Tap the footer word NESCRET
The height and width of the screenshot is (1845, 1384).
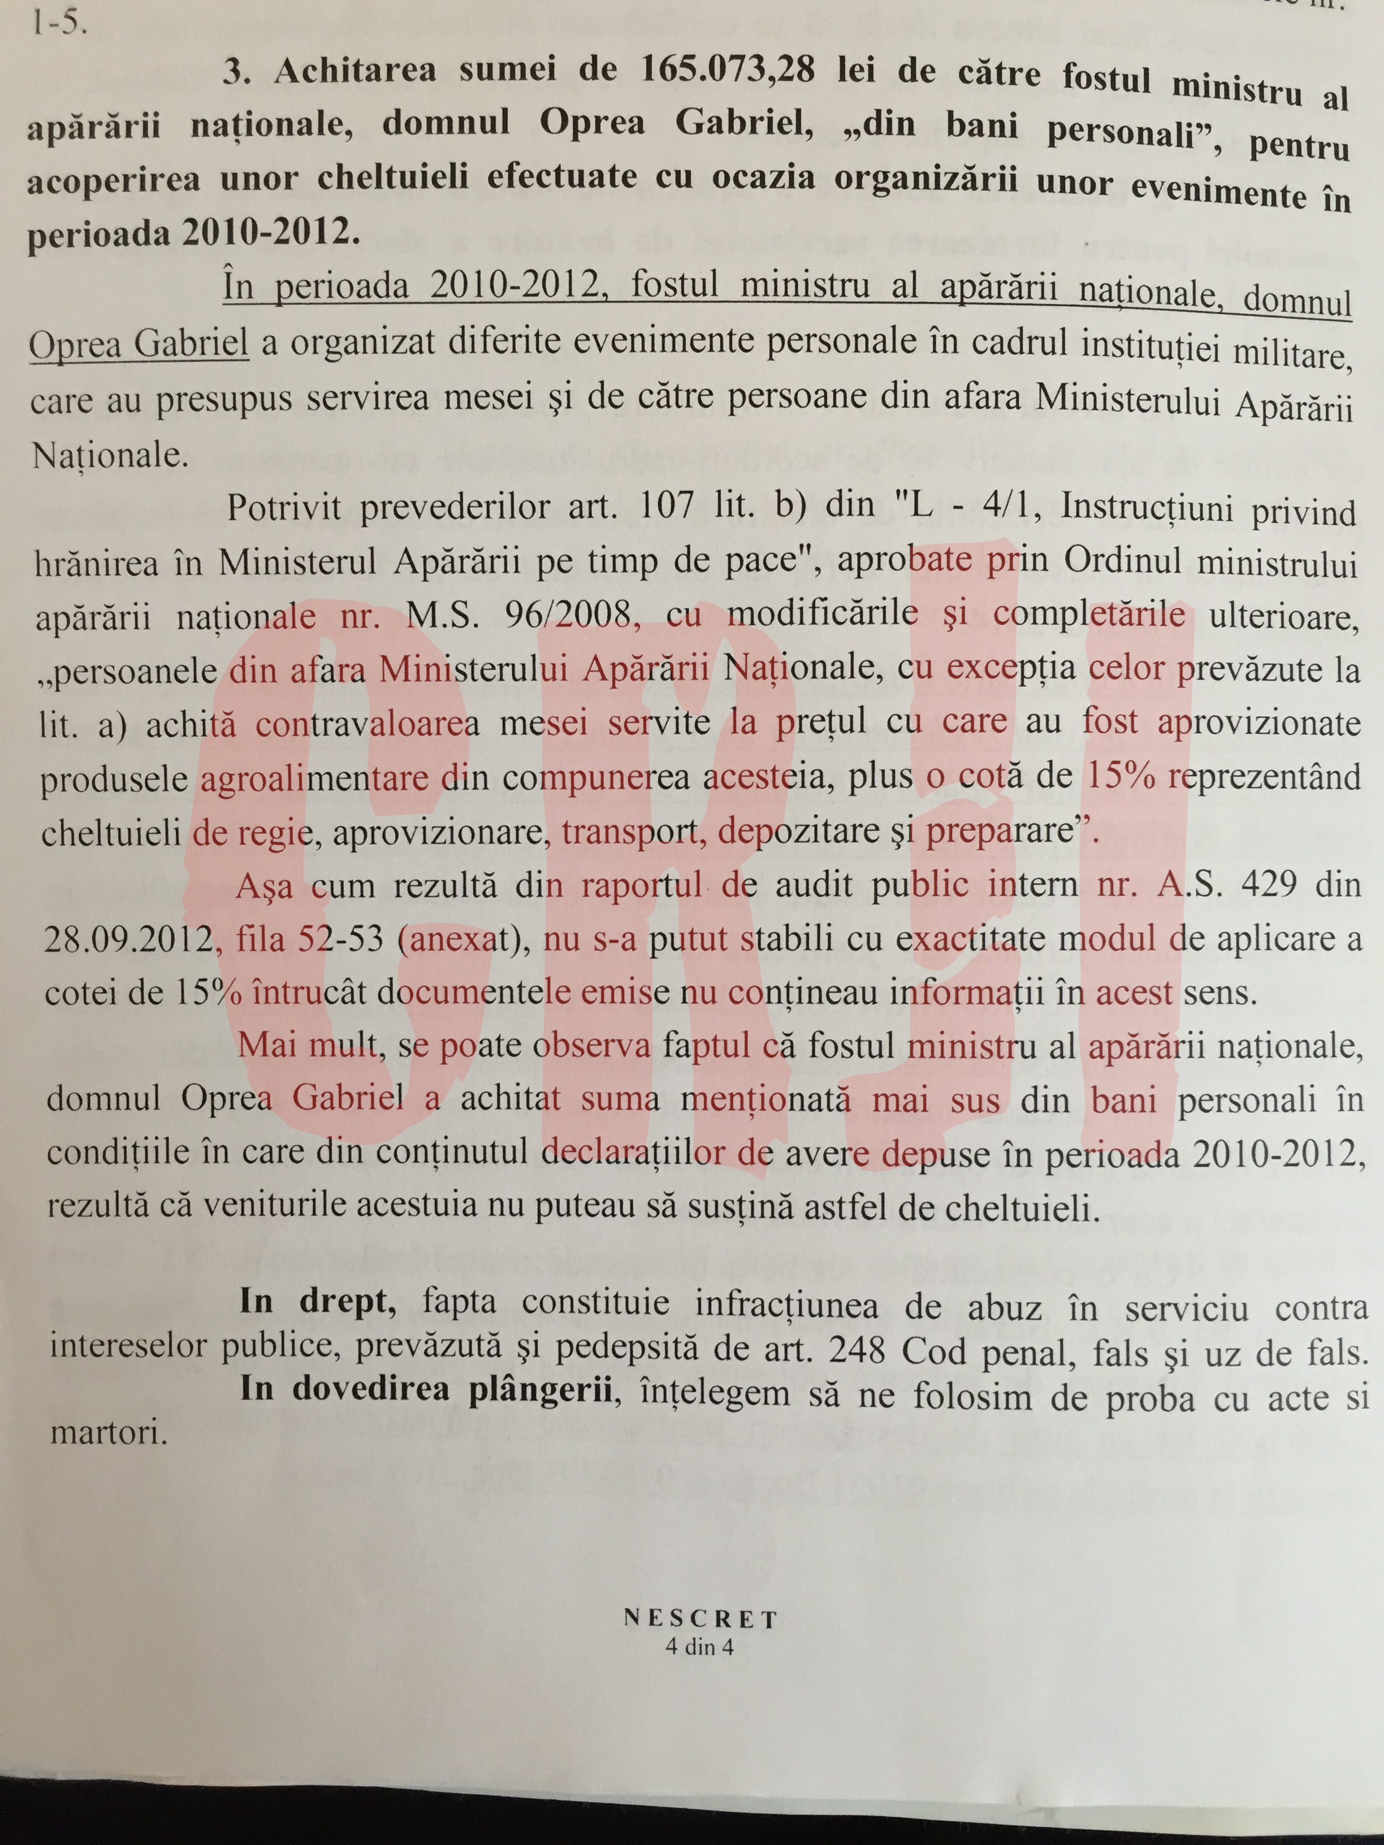(x=700, y=1619)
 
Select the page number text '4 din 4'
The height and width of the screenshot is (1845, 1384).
(x=700, y=1647)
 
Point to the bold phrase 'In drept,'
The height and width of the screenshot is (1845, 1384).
(x=317, y=1302)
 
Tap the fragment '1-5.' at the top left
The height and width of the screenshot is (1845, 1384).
(x=58, y=23)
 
